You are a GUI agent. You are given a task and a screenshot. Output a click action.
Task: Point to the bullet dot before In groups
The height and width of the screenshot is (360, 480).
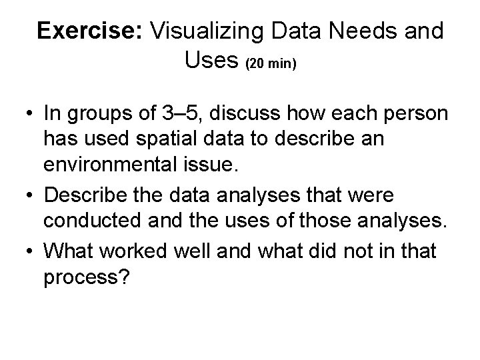point(29,113)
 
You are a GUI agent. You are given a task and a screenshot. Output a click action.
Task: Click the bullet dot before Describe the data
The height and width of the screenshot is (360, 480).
point(29,197)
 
